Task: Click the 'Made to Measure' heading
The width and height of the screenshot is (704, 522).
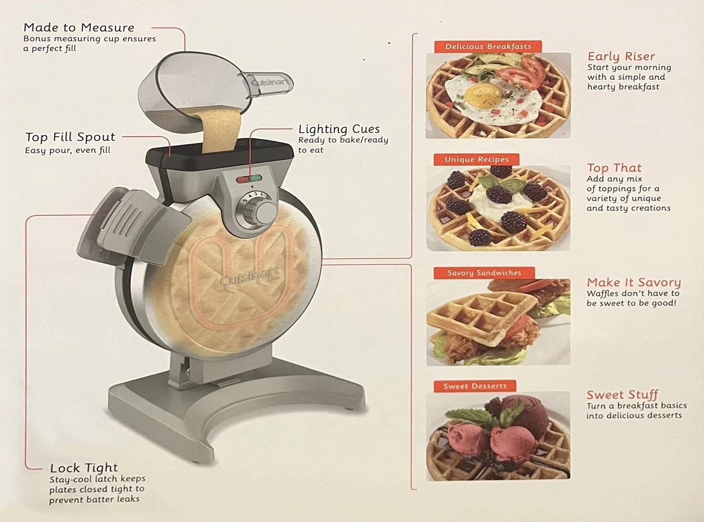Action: click(79, 28)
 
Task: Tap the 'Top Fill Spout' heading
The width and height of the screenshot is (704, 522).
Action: click(70, 137)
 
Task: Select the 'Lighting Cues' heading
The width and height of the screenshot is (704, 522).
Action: click(339, 129)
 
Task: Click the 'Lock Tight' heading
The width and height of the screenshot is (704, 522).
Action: click(84, 468)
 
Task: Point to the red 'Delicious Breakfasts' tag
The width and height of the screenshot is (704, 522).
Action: click(488, 46)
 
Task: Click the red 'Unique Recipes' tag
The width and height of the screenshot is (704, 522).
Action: click(476, 160)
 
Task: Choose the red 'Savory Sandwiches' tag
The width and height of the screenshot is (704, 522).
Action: click(484, 273)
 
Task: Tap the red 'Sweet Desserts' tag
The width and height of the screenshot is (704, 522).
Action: click(474, 386)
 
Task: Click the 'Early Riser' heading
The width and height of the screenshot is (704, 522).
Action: click(621, 56)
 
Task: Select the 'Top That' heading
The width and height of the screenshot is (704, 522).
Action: click(614, 168)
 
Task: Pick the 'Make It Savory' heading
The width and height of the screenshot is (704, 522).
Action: click(633, 282)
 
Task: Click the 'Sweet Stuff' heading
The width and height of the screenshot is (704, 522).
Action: click(622, 395)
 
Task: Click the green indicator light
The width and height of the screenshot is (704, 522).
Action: click(256, 179)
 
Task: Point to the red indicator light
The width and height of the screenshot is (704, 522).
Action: click(242, 180)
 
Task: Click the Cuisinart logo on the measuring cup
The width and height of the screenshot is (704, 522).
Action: click(270, 83)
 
